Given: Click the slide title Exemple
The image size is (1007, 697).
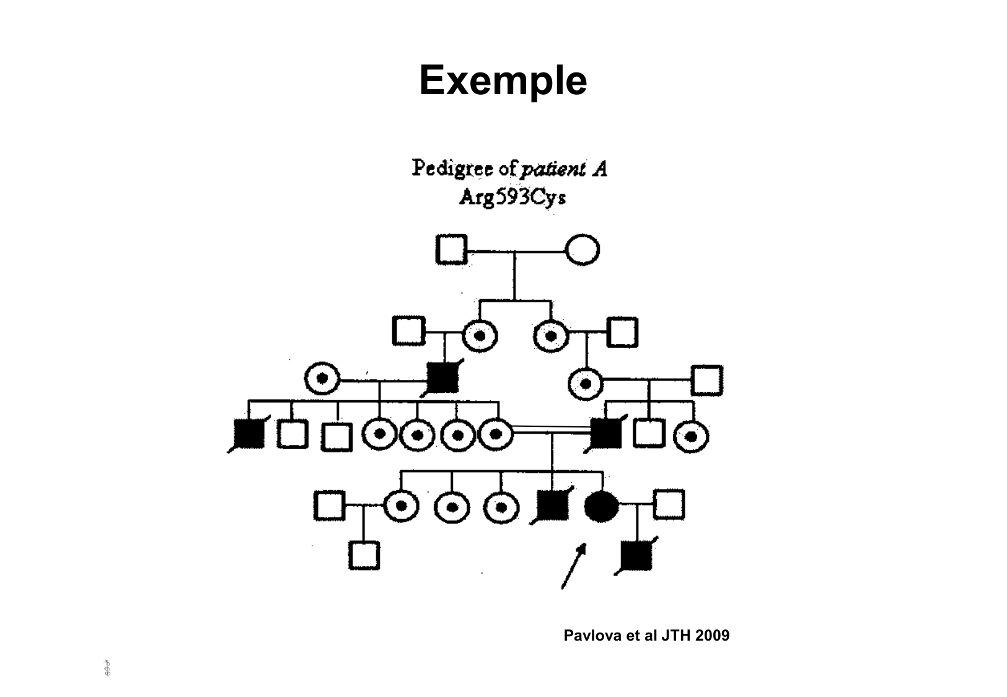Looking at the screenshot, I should [x=503, y=81].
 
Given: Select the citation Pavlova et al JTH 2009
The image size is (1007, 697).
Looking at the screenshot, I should [x=646, y=636].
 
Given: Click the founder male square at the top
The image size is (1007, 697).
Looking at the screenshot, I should [x=451, y=250].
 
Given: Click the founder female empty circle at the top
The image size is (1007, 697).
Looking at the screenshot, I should [x=583, y=250].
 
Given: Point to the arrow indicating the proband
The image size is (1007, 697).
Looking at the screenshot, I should [x=573, y=566].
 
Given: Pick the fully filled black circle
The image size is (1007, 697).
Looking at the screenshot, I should [x=601, y=506].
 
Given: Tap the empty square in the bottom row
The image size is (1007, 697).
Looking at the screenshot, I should [x=364, y=555].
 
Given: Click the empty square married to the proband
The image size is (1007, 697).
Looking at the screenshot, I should [x=669, y=504].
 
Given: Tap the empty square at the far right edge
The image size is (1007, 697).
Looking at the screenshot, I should [x=706, y=380].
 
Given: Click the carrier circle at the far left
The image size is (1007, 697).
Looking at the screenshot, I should [x=322, y=378].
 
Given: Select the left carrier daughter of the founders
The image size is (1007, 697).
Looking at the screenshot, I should [x=480, y=335].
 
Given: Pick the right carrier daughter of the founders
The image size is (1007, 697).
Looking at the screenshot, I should [x=550, y=335].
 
